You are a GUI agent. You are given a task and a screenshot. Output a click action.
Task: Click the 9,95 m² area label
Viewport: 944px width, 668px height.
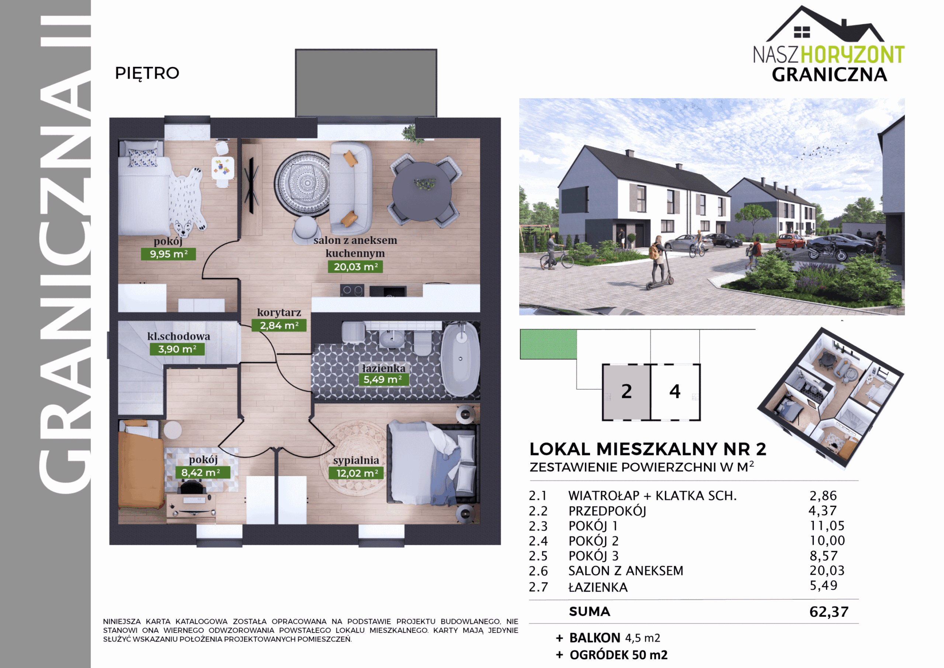pos(168,254)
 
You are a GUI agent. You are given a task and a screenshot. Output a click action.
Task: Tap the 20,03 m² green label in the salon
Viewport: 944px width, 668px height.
pos(355,267)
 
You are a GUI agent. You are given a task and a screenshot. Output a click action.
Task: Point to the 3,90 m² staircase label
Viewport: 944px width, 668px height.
pos(177,349)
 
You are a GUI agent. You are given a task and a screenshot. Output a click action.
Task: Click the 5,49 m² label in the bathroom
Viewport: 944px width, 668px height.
pos(383,379)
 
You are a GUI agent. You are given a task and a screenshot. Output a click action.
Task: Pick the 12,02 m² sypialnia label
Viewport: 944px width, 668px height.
pos(356,473)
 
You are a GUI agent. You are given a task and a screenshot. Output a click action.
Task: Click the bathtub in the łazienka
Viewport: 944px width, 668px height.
pos(460,360)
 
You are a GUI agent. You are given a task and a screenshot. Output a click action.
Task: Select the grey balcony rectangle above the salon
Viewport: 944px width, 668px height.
pos(366,83)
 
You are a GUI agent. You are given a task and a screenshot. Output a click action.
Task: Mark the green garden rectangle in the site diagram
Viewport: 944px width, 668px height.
pos(548,344)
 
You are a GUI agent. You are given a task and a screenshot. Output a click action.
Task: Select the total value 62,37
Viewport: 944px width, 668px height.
pos(829,612)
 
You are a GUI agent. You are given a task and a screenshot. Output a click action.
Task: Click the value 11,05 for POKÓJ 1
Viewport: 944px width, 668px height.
pos(827,526)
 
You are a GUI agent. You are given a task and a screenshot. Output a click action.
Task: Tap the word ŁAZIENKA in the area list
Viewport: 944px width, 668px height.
pos(598,587)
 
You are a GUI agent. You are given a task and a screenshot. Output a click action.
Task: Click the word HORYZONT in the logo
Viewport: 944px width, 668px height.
pos(852,55)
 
